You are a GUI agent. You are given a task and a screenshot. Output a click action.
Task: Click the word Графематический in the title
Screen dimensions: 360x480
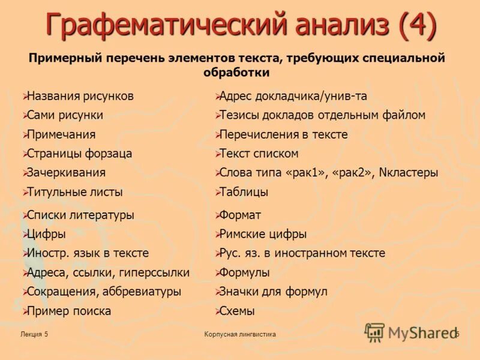(x=164, y=26)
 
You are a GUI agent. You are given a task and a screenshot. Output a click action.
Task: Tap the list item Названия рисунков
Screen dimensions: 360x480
(x=80, y=96)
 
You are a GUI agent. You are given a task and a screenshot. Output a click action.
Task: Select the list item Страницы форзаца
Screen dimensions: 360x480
(x=79, y=153)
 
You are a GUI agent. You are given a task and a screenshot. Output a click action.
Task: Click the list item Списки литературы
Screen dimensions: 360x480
(x=80, y=215)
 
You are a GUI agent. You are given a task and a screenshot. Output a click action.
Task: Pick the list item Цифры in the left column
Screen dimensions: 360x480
(x=46, y=234)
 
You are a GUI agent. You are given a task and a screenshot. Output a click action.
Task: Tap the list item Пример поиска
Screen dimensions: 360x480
(x=69, y=311)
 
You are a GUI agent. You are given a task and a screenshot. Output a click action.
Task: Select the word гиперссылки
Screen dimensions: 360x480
(x=154, y=272)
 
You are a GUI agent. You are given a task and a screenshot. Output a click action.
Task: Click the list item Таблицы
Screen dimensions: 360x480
(x=244, y=192)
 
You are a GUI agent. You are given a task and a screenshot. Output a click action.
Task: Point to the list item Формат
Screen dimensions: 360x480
(x=240, y=215)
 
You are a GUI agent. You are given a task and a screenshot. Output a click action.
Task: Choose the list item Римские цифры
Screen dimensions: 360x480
(x=263, y=234)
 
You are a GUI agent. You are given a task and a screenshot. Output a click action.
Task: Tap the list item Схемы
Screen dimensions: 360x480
(x=237, y=311)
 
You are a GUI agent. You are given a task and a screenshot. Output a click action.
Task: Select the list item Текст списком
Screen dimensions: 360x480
(x=259, y=153)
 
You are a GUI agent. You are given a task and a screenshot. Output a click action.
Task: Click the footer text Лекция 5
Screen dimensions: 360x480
(x=34, y=334)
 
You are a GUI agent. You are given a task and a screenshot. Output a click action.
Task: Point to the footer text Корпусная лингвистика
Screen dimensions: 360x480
(x=240, y=334)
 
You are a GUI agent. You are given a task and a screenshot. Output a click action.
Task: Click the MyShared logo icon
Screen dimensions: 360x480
(x=374, y=332)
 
